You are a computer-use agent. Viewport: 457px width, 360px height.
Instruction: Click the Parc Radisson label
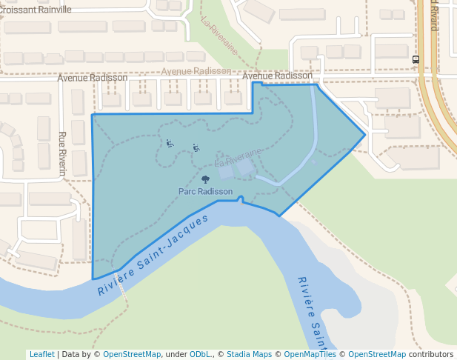(x=205, y=191)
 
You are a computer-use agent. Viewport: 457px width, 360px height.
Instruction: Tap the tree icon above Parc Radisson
(x=205, y=179)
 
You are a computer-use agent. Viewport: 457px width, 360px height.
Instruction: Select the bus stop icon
(x=416, y=60)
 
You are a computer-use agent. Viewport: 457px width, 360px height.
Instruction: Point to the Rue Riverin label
(x=62, y=153)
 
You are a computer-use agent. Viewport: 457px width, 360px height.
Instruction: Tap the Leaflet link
(x=41, y=354)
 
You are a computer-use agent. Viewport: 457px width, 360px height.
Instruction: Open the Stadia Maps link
(x=249, y=354)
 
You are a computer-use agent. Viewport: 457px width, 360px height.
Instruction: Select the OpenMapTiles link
(x=310, y=354)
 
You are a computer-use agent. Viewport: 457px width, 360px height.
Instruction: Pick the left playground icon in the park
(x=170, y=144)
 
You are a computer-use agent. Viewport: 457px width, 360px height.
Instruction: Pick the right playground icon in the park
(x=196, y=147)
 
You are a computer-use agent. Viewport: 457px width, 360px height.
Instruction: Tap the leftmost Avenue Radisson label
(x=93, y=77)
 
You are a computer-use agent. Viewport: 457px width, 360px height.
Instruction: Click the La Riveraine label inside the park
(x=238, y=157)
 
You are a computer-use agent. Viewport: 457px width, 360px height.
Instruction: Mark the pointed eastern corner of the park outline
(x=364, y=135)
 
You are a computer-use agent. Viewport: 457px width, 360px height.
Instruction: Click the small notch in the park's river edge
(x=241, y=199)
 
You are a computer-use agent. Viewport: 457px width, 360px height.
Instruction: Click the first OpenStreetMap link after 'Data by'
(x=132, y=354)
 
